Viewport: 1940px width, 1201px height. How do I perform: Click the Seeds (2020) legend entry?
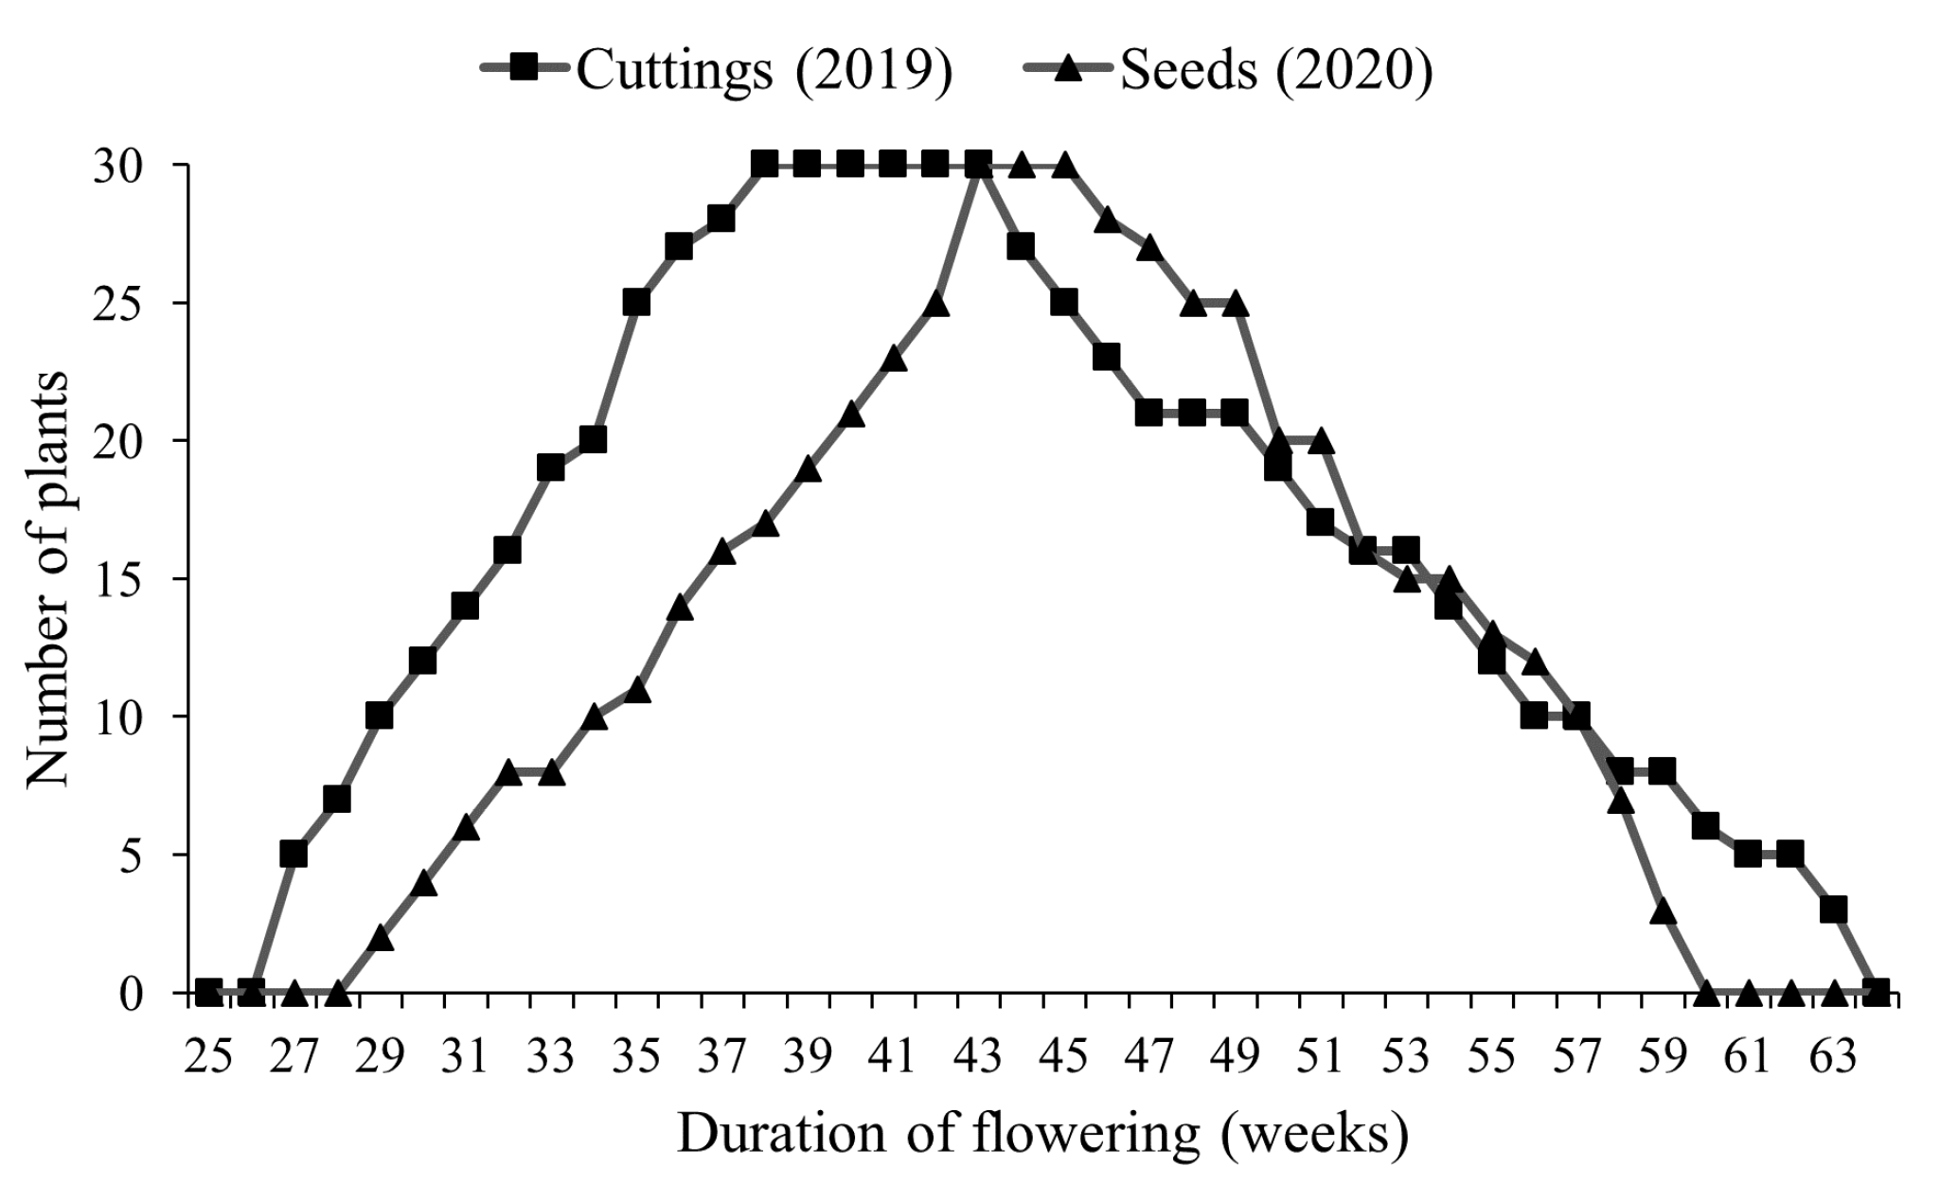coord(1230,69)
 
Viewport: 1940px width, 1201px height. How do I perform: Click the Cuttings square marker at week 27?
coord(294,854)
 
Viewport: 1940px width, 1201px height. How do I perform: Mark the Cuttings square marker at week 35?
coord(636,303)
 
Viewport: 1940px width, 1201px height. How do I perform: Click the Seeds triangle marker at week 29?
coord(380,938)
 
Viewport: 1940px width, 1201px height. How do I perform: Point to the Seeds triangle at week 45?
coord(1063,165)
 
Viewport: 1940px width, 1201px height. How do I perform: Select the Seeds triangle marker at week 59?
coord(1663,910)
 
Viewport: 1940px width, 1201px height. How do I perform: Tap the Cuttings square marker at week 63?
coord(1834,910)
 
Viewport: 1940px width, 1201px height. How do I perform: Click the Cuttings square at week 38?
coord(764,165)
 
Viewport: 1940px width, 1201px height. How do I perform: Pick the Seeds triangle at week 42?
coord(935,304)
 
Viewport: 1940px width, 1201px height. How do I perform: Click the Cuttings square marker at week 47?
coord(1149,413)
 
